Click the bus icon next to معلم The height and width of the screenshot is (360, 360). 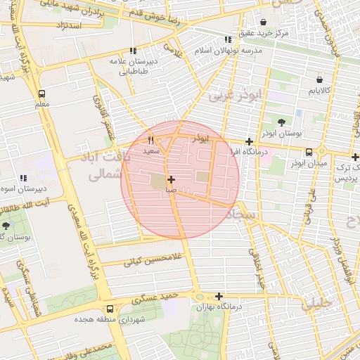point(41,94)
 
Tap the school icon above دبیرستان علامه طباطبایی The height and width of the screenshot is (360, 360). point(133,51)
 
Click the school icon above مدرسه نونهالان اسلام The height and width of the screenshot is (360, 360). point(227,40)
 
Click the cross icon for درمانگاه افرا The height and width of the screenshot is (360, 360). point(249,141)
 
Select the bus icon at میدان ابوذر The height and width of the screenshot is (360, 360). point(309,153)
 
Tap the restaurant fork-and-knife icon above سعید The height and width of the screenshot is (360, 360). point(150,140)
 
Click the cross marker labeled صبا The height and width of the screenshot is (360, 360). point(171,180)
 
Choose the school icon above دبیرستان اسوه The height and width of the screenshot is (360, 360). point(23,179)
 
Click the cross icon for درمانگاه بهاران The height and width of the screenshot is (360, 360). point(219,296)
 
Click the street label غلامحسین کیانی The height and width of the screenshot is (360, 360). point(153,259)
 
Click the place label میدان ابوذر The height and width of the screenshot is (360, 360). point(309,164)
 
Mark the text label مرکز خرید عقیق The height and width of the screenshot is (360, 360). point(264,34)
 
